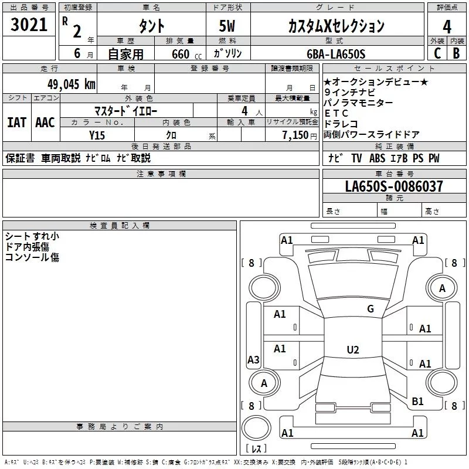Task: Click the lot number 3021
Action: [x=29, y=25]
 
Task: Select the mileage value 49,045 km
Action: [x=67, y=84]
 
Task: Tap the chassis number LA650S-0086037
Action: [x=394, y=186]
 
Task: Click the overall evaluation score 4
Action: [x=447, y=26]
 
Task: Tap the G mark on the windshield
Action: [x=370, y=308]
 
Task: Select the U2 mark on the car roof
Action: [x=352, y=350]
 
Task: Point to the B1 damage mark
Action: [x=417, y=401]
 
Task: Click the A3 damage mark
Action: [x=253, y=360]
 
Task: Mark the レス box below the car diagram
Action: [x=256, y=448]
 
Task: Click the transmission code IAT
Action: [x=16, y=123]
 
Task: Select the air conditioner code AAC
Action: [x=45, y=123]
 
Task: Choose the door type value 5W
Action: [x=229, y=26]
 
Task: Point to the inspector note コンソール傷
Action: [x=32, y=257]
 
